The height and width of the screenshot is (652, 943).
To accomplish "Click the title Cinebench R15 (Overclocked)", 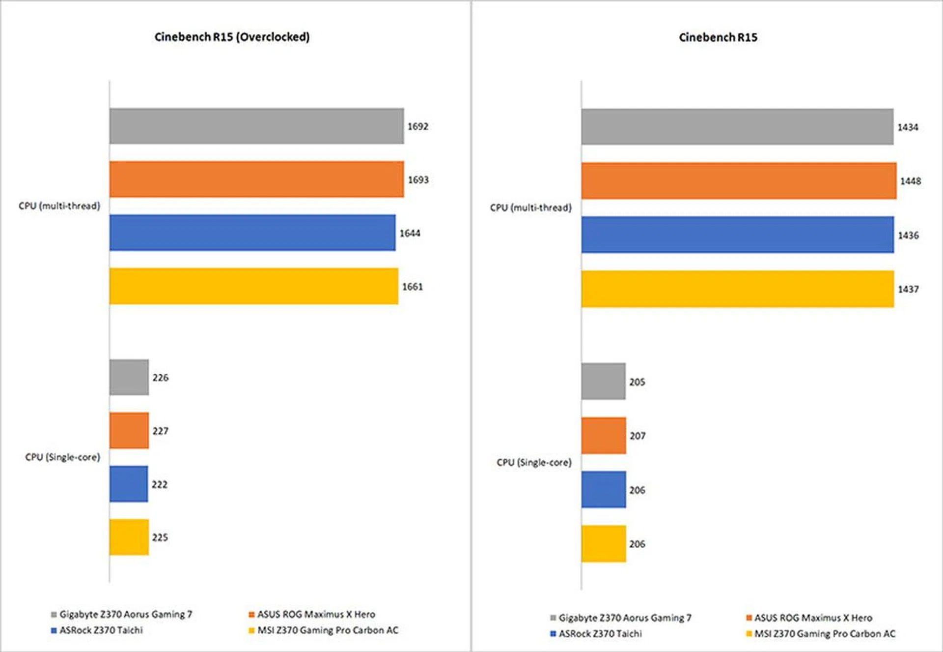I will pos(232,37).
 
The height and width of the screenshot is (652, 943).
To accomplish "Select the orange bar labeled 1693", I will pos(256,179).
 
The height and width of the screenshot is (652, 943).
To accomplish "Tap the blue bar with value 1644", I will pos(252,233).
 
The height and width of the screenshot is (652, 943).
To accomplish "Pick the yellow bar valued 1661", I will pos(253,286).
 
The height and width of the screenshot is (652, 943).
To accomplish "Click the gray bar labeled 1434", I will pos(737,127).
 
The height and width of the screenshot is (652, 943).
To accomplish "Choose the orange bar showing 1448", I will pos(739,181).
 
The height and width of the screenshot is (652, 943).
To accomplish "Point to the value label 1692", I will pos(418,126).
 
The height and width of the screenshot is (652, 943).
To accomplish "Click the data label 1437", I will pos(908,289).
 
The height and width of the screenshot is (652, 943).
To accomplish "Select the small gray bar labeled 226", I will pos(129,377).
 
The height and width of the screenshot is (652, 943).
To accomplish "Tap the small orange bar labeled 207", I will pos(604,436).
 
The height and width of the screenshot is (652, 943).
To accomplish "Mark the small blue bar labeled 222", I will pos(129,484).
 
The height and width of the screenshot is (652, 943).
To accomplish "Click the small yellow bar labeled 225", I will pos(129,537).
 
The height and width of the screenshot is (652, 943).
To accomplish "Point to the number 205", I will pos(637,382).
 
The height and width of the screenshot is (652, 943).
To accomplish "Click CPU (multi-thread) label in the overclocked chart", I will pos(59,206).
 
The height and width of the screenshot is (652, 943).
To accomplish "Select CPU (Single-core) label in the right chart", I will pos(534,462).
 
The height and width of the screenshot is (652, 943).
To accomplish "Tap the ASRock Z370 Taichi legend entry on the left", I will pos(101,630).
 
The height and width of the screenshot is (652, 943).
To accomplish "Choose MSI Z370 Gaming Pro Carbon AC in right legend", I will pos(825,634).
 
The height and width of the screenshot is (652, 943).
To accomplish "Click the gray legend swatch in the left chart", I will pos(54,615).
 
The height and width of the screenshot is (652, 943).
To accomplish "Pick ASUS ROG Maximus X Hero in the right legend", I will pos(813,618).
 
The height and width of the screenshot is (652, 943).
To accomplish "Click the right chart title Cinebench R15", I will pos(718,37).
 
